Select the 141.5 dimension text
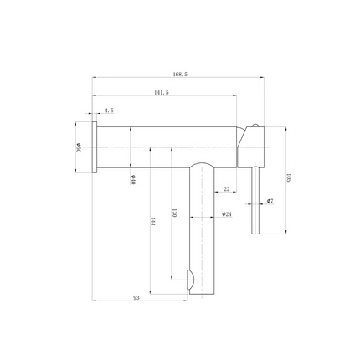162,93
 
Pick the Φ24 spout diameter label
226,214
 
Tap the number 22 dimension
227,190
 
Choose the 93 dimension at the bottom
136,297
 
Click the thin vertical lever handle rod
256,201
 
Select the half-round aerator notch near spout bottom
190,279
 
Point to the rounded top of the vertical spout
202,165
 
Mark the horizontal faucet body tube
167,146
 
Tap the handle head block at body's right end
252,147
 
